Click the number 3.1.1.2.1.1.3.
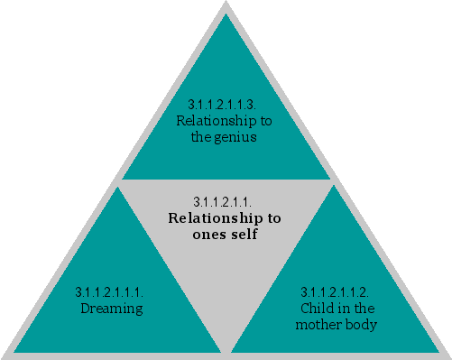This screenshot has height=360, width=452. pyautogui.click(x=225, y=106)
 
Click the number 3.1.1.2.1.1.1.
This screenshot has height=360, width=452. pyautogui.click(x=109, y=291)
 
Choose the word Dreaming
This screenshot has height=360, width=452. pyautogui.click(x=112, y=309)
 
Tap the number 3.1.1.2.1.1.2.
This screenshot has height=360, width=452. pyautogui.click(x=334, y=291)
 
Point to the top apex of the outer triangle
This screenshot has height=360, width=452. pyautogui.click(x=226, y=5)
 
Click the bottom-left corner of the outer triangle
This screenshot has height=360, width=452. pyautogui.click(x=5, y=355)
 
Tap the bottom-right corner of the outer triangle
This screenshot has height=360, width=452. pyautogui.click(x=447, y=355)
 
